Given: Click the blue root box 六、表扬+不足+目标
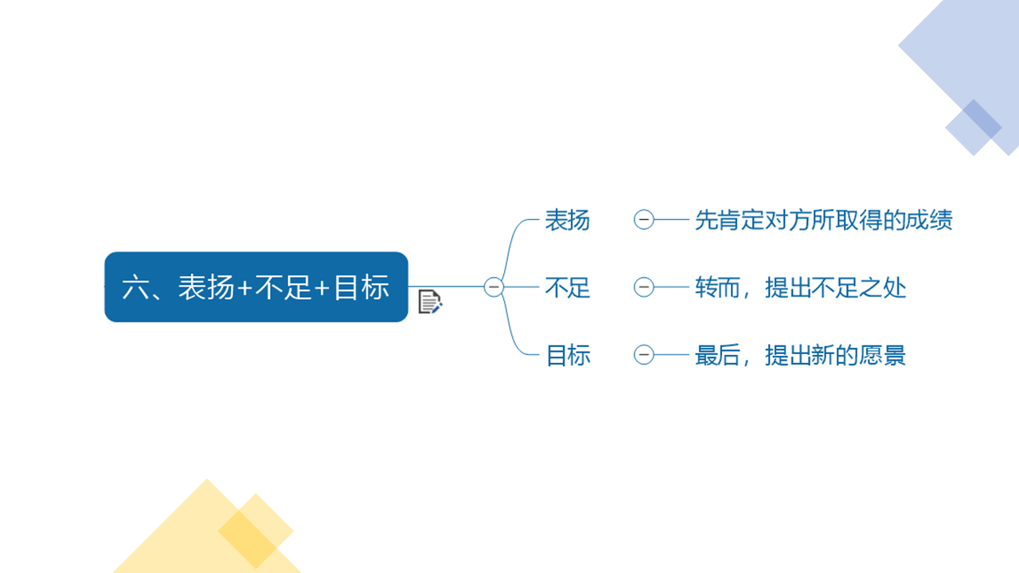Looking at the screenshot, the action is (256, 287).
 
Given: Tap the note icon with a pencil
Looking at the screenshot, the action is (430, 302).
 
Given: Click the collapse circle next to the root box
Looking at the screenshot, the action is (494, 287).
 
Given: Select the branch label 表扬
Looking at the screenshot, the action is (568, 220).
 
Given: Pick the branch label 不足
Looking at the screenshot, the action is (568, 287).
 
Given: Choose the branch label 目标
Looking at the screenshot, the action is (568, 355).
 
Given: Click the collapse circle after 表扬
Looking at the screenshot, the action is (644, 220).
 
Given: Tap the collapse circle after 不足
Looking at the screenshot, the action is (644, 287).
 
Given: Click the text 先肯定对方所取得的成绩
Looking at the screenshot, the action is (824, 220).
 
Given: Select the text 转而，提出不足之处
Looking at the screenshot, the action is (801, 287).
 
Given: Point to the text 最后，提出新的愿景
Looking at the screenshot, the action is (801, 355).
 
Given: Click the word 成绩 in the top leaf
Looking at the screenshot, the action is (929, 220).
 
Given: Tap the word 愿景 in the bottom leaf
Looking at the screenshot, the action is (883, 355).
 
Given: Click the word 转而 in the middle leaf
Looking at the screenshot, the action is (718, 287).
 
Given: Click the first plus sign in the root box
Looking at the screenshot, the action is (244, 288).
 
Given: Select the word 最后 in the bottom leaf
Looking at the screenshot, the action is (718, 355).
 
